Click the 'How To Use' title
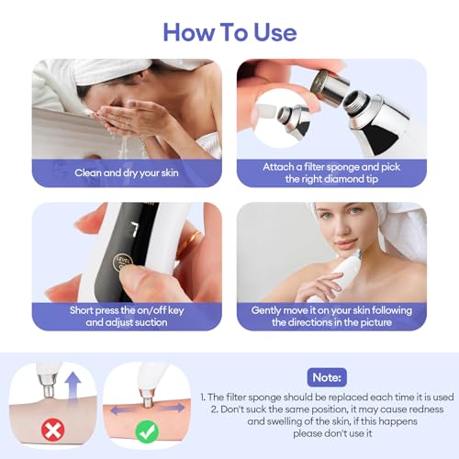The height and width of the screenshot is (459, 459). tap(229, 31)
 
